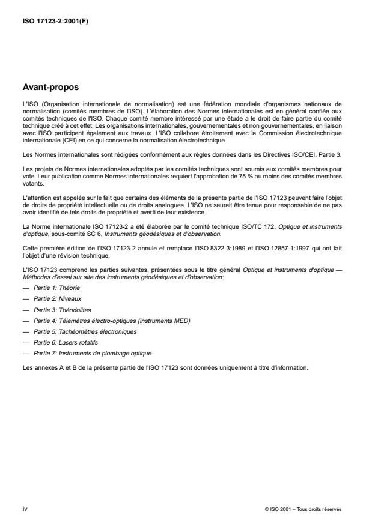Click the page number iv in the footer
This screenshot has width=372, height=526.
click(25, 508)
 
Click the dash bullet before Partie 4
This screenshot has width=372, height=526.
click(25, 321)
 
